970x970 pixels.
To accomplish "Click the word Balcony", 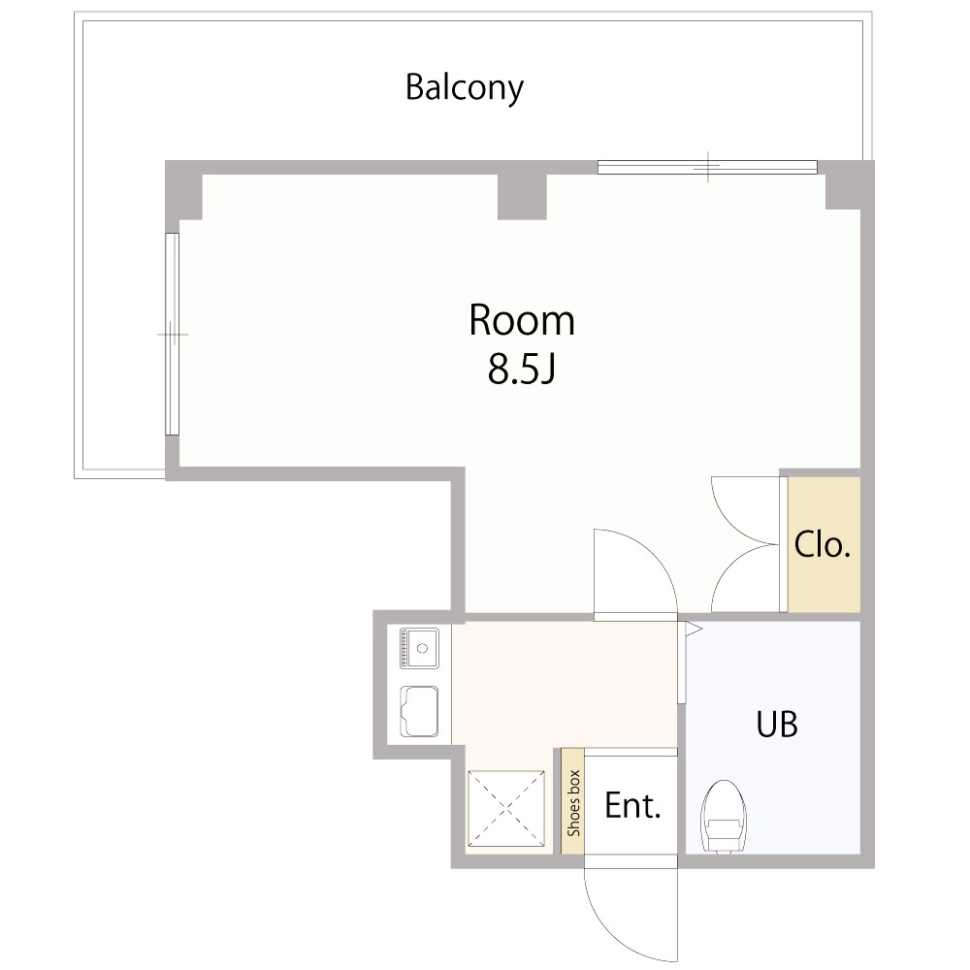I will pos(465,87).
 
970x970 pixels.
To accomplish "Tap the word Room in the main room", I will pos(521,320).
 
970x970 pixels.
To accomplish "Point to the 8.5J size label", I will pos(520,372).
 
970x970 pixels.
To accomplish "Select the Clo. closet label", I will pos(823,545).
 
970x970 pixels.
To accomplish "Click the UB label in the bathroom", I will pos(777,724).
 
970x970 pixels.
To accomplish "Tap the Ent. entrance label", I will pos(632,805).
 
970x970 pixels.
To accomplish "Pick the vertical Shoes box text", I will pos(573,803).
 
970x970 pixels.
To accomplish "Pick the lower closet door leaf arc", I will pos(742,582).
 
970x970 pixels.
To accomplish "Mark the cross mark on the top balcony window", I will pos(709,167).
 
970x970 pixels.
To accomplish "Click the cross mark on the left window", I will pos(173,334).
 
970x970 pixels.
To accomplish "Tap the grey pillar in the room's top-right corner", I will pos(844,191).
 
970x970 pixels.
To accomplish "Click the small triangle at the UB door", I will pos(693,629).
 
